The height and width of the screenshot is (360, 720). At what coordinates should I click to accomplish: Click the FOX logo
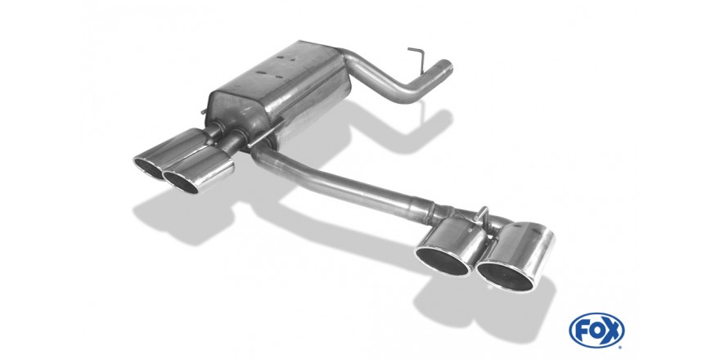point(596,331)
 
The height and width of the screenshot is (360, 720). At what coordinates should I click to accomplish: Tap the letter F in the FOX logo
point(582,331)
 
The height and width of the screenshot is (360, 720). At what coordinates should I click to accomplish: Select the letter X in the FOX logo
point(612,331)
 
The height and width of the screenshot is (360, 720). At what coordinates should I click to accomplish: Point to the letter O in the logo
point(596,331)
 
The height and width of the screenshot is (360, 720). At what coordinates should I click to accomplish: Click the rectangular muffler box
point(279,90)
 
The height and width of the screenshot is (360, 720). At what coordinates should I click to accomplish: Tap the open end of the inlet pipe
point(445,68)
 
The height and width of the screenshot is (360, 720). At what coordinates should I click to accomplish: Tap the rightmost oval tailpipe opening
point(506,275)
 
